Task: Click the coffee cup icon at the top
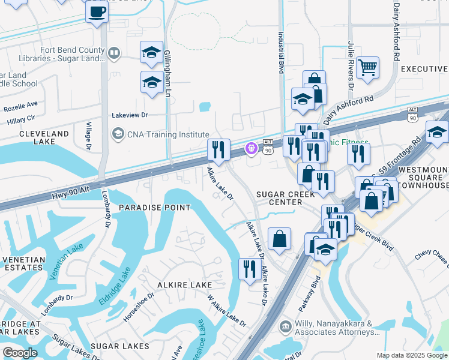(97, 12)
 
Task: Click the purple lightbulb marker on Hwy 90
(251, 148)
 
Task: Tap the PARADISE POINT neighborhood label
(154, 208)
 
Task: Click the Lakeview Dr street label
(130, 115)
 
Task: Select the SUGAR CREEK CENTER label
(279, 199)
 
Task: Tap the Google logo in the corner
(20, 353)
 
